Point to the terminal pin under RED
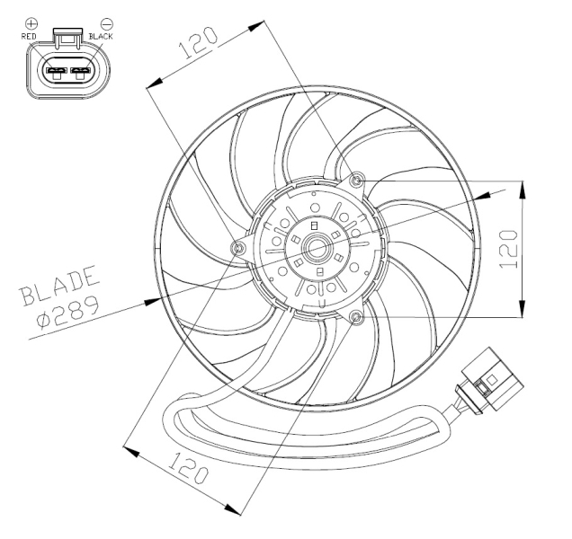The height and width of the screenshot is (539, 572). point(57,70)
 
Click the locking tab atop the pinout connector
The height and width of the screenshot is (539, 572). point(70,34)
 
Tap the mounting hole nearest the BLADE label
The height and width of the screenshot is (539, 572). point(239,248)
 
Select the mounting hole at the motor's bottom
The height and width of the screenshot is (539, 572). point(357,318)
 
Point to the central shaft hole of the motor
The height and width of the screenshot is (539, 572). point(319,250)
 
